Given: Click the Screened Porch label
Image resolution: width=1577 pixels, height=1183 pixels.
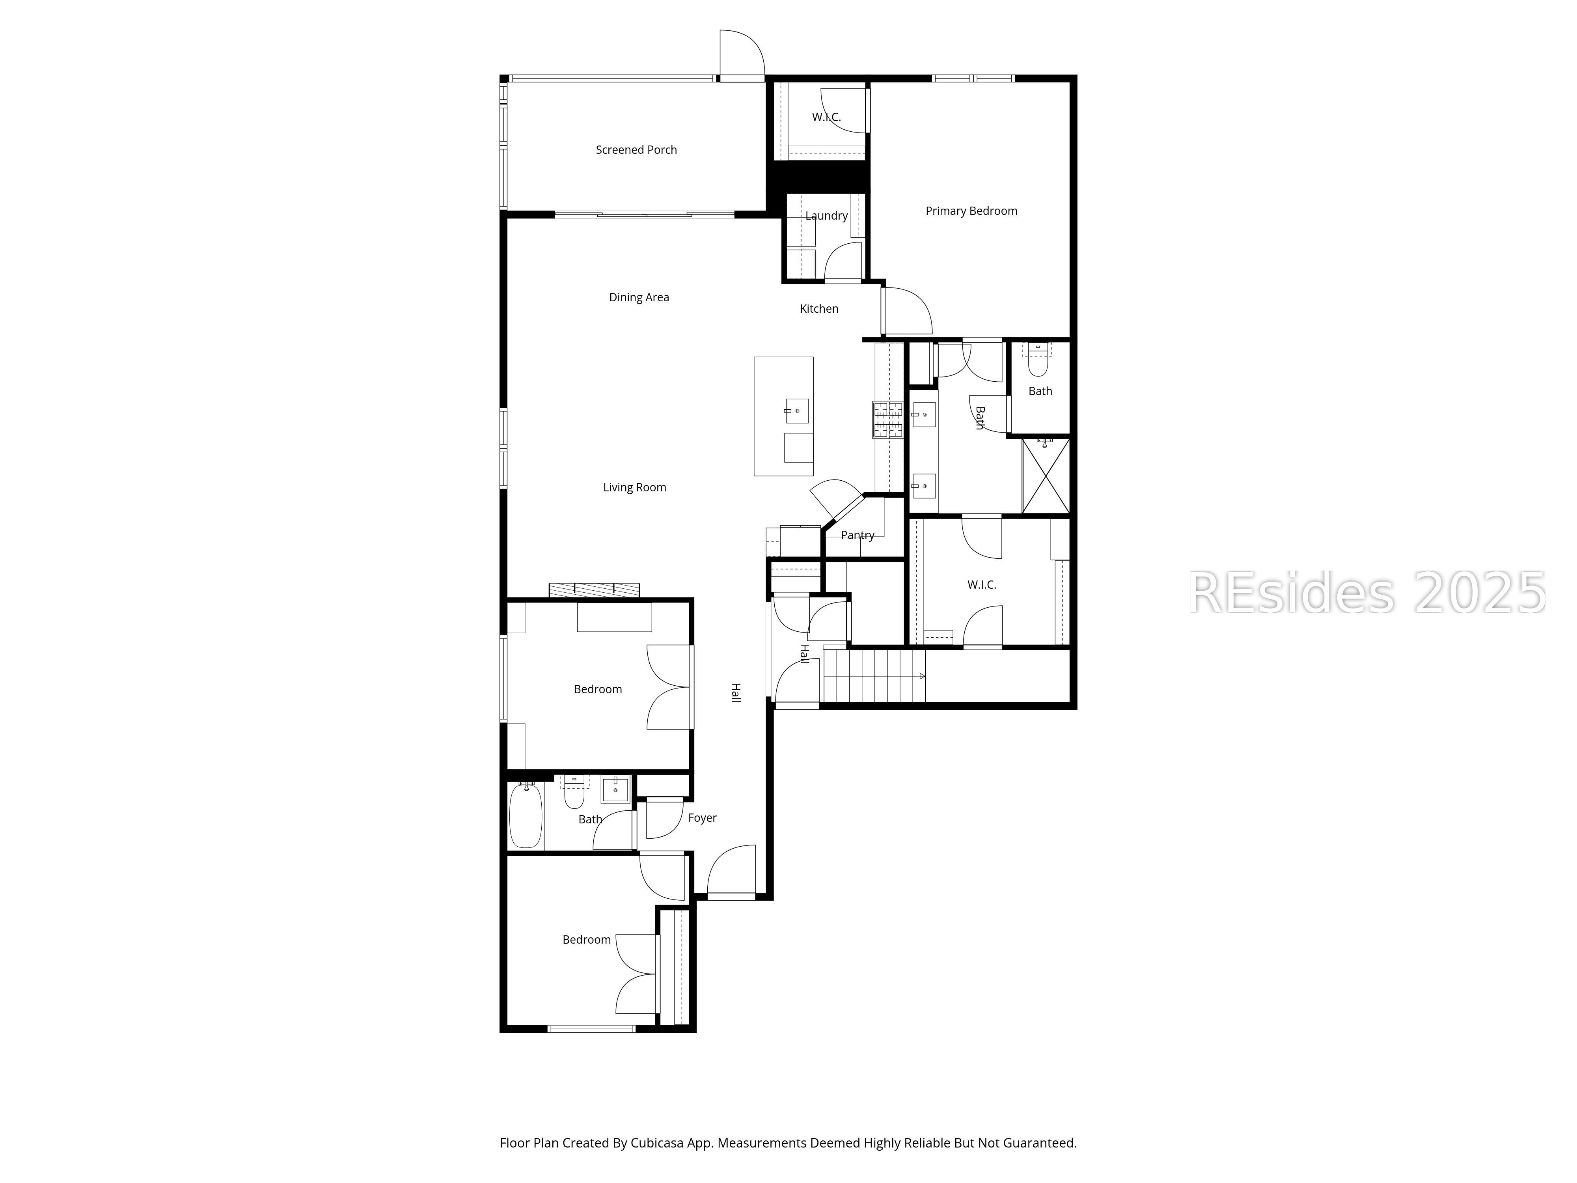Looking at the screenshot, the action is tap(636, 150).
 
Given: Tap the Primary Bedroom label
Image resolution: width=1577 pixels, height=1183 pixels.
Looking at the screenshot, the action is tap(971, 211).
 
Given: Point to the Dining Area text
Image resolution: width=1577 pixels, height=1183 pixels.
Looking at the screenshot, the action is tap(639, 297).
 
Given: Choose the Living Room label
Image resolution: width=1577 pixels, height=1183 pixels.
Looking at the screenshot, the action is tap(634, 488).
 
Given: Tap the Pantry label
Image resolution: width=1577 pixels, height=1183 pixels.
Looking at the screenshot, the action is tap(857, 535).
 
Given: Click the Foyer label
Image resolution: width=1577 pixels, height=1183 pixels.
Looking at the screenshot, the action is tap(702, 818).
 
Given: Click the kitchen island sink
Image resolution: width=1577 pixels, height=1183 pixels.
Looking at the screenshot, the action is tap(796, 411).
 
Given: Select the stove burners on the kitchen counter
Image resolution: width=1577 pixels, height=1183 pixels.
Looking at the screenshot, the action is tap(887, 419).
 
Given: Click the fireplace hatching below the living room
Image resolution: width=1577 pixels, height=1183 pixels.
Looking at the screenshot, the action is tap(594, 590).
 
